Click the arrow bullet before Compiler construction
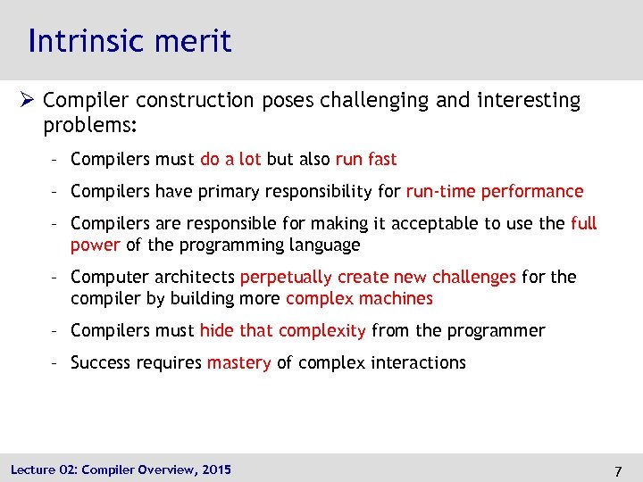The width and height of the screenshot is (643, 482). tap(29, 101)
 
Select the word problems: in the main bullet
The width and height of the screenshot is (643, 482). tap(90, 126)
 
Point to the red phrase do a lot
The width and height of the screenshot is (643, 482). tap(230, 159)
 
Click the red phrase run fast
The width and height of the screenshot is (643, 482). tap(366, 159)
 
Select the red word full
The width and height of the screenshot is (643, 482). tap(583, 223)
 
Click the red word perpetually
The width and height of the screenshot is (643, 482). tap(286, 277)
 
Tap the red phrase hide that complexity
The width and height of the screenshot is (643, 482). tap(282, 330)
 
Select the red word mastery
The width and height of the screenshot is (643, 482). tap(238, 362)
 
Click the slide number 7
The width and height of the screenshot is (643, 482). tap(618, 470)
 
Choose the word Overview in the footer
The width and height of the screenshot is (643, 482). tap(156, 470)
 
